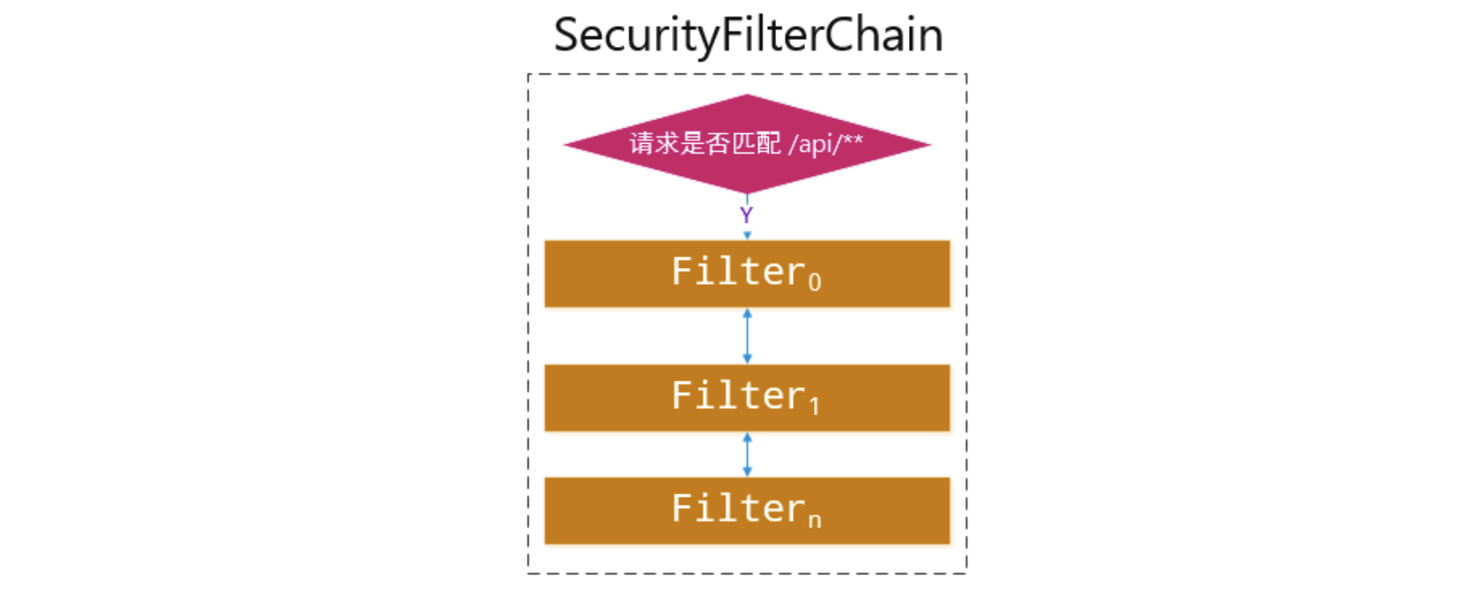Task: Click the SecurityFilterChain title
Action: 747,35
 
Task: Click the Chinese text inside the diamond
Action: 705,143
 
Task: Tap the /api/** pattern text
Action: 826,143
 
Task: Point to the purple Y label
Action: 747,215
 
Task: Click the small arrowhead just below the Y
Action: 747,235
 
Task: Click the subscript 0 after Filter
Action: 815,282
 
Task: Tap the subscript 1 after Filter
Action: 815,406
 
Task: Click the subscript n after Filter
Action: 815,520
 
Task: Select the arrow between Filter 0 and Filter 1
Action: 747,335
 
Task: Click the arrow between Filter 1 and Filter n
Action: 747,454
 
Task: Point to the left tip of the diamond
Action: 566,145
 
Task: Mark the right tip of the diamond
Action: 929,145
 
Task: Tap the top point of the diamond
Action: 747,96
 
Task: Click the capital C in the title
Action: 838,35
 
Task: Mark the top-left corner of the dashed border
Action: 528,75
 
